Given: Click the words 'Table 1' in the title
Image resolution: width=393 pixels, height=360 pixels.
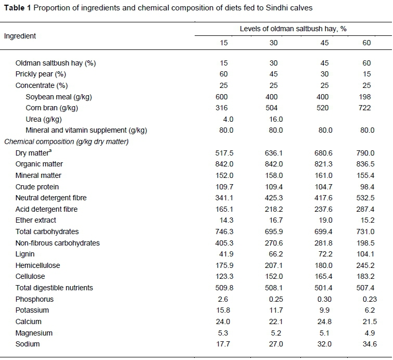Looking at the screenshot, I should [x=17, y=8].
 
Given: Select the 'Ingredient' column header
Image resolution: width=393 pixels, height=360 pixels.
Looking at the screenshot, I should [x=20, y=36].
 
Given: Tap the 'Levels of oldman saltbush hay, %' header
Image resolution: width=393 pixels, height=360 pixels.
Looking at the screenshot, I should [x=293, y=29].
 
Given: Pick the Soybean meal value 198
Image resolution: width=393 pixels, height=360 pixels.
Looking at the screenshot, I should [x=364, y=97].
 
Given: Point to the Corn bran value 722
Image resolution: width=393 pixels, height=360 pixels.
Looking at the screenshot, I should [x=364, y=108].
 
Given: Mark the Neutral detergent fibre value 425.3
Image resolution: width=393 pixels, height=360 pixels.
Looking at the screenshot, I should [x=274, y=198].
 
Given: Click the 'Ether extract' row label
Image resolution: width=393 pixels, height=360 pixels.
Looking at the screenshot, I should [x=36, y=220].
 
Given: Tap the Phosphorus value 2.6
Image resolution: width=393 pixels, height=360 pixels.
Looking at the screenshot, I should [x=224, y=299].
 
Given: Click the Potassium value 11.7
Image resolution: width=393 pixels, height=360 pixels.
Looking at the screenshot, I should [x=274, y=310].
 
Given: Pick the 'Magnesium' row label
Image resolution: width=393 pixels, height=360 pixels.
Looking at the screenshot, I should [x=33, y=333].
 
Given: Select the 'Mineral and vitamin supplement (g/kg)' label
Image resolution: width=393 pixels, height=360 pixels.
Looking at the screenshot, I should [x=86, y=130].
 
